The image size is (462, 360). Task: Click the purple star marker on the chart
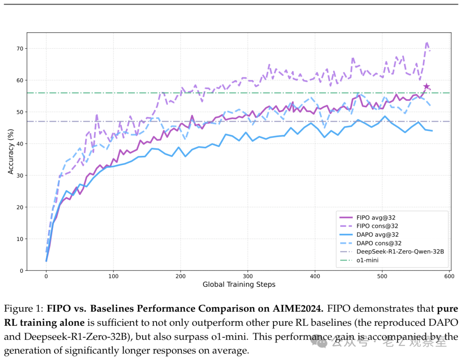coord(426,87)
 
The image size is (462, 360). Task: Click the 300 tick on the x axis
coord(248,277)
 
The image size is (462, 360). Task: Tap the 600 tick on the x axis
coord(449,277)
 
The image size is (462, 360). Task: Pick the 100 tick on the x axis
coord(113,277)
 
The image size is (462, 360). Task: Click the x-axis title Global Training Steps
coord(239,285)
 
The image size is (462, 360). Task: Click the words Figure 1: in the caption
coord(24,309)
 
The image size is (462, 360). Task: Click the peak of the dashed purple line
coord(427,42)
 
